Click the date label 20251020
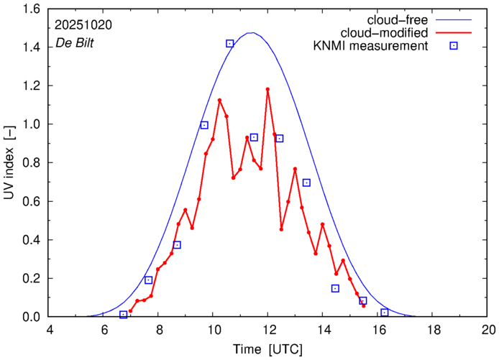pos(82,24)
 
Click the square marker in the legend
pos(454,47)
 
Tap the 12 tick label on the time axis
pos(267,331)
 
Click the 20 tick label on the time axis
pos(489,331)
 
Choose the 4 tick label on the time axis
pos(49,331)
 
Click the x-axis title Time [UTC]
pos(268,349)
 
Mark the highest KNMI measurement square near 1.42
pos(229,43)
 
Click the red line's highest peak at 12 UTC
pos(267,89)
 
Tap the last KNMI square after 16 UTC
pos(385,313)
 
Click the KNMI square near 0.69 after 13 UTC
pos(306,183)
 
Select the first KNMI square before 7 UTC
pos(124,315)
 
